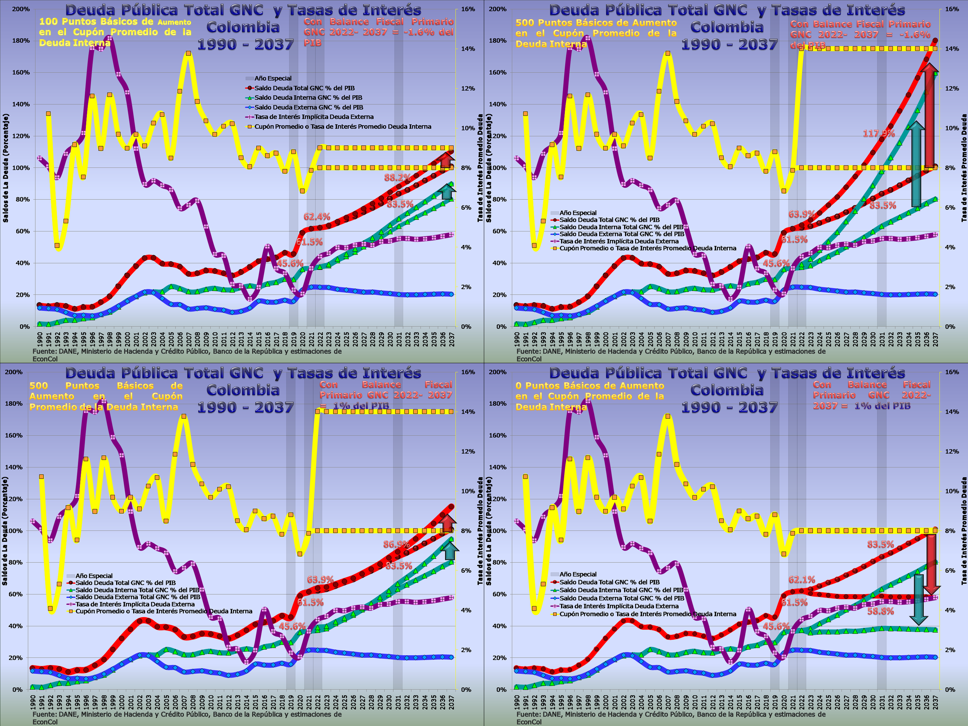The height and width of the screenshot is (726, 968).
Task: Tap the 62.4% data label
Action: point(317,216)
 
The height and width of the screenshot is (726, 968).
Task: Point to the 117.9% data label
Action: point(879,134)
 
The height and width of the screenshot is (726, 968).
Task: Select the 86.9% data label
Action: point(396,545)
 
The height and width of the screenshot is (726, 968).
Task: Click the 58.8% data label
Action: point(880,611)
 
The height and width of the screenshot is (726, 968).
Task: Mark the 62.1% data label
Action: point(802,580)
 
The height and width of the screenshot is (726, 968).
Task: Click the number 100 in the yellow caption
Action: point(48,22)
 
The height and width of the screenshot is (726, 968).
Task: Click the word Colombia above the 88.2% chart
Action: point(243,27)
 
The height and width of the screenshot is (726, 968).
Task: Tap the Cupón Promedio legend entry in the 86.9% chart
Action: point(164,611)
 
